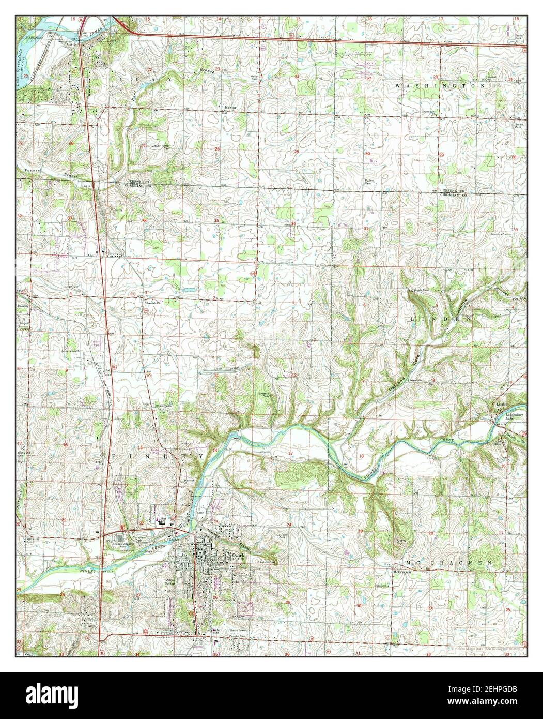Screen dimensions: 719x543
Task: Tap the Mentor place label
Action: [230, 108]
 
